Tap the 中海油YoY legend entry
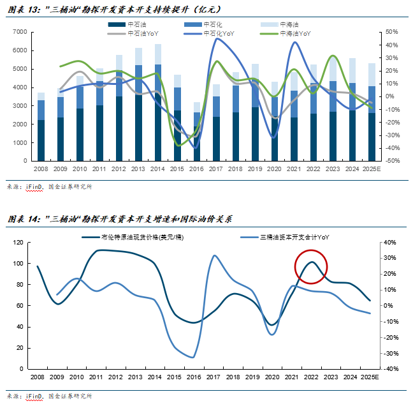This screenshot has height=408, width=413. [x=290, y=32]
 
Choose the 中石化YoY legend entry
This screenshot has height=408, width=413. [x=212, y=32]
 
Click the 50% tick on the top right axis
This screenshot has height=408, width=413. [x=391, y=31]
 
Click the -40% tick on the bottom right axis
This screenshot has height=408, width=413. [x=391, y=368]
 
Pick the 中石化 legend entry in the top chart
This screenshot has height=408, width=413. [x=212, y=24]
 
